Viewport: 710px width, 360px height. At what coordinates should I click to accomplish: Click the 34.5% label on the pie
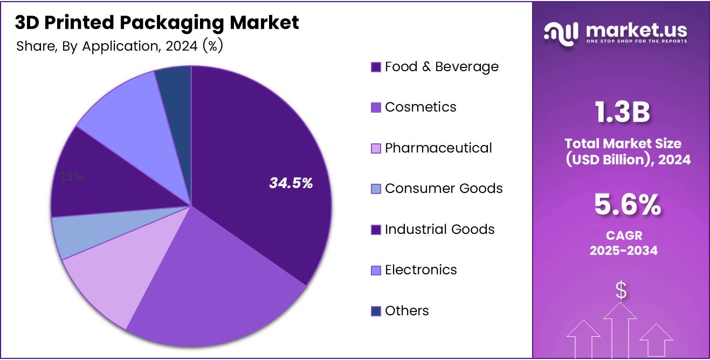pos(291,183)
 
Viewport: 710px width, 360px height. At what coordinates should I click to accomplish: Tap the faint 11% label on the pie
pos(72,176)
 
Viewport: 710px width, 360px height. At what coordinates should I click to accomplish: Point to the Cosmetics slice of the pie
pos(216,291)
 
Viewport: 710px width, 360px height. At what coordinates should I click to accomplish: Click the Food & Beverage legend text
pos(442,67)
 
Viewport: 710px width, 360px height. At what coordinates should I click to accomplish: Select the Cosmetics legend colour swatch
pos(376,108)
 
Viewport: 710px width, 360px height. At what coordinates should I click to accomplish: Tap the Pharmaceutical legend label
pos(438,148)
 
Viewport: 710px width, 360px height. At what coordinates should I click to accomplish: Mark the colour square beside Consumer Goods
pos(376,189)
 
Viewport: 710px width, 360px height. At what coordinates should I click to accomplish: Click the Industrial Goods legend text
pos(439,230)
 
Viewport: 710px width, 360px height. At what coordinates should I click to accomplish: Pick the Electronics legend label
pos(421,270)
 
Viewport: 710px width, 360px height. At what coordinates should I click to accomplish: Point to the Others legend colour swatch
pos(376,311)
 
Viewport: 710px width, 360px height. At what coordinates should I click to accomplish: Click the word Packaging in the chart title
pos(169,23)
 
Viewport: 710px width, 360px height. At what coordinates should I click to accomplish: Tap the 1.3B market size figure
pos(622,113)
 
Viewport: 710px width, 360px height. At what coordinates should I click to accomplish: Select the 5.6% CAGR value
pos(628,205)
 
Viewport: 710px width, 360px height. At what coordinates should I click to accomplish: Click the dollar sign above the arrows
pos(621,291)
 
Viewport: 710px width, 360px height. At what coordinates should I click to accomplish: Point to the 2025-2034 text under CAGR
pos(623,251)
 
